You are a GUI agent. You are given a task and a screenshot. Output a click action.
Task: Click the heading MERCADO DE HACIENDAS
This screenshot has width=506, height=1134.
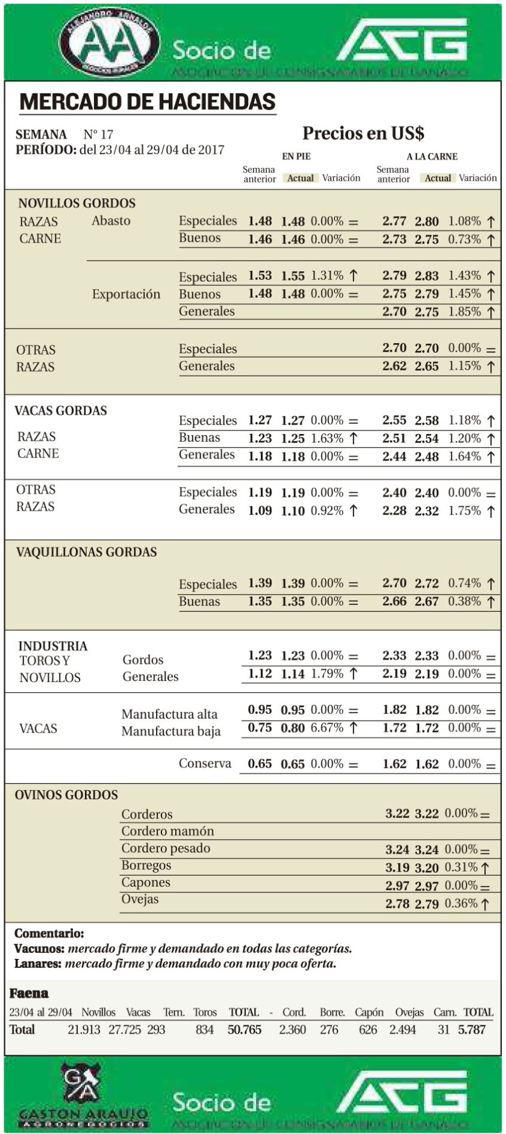tap(148, 102)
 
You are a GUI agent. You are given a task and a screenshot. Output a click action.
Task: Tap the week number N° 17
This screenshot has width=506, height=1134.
tap(98, 134)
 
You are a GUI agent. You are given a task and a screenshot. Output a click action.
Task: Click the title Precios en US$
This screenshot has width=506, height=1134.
tap(363, 133)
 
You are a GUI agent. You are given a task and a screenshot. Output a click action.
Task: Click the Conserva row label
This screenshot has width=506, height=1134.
tap(205, 763)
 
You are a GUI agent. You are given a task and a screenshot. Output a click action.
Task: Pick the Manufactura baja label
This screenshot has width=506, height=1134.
tap(171, 731)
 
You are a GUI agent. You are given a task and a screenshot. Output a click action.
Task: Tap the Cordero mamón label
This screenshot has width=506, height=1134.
tap(167, 831)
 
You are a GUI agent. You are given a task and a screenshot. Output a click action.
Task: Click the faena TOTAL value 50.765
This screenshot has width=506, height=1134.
tap(245, 1029)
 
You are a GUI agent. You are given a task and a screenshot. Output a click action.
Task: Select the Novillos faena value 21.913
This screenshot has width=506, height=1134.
tap(84, 1029)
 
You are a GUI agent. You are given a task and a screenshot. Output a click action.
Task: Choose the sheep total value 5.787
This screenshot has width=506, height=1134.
tap(472, 1029)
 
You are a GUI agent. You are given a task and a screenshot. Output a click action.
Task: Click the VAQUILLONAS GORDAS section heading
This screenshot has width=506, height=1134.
tap(86, 552)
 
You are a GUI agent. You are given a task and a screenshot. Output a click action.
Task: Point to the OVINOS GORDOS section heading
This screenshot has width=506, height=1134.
tap(66, 795)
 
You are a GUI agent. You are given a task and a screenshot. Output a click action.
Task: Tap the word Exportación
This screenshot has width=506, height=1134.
tap(126, 294)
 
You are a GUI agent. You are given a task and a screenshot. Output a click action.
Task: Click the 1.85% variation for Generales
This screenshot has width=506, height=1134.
tap(464, 312)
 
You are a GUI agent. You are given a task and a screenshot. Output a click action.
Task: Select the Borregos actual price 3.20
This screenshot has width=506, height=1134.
tap(426, 867)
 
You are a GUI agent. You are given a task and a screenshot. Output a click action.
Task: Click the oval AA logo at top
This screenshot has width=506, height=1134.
tap(110, 42)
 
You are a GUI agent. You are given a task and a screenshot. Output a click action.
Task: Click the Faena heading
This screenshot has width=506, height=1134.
tap(29, 993)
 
